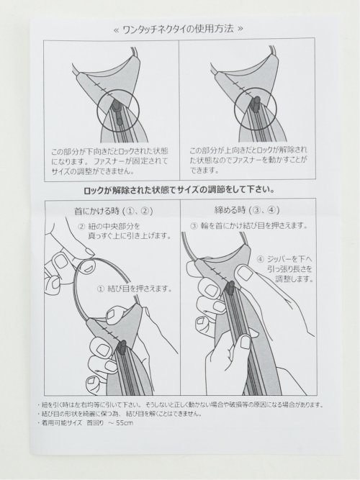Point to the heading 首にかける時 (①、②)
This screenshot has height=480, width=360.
point(112,211)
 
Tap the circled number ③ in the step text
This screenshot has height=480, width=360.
point(193,225)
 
